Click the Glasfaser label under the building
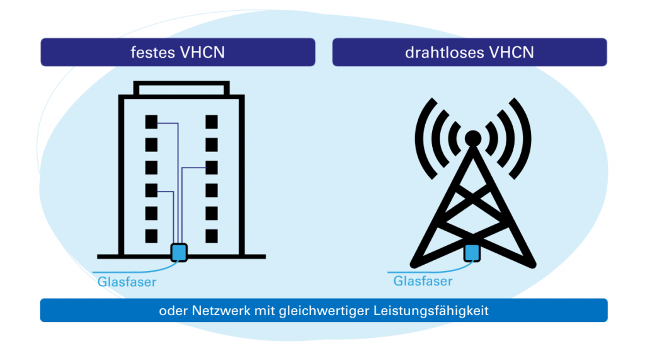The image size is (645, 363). (127, 282)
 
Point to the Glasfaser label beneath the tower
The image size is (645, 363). (423, 280)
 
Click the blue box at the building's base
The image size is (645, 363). (180, 252)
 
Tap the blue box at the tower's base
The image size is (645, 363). (472, 253)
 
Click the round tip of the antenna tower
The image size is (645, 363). (472, 137)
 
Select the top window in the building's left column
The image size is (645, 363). (151, 121)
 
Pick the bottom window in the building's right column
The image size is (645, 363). (212, 236)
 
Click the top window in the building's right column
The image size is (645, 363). (212, 121)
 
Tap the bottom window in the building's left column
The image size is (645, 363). (151, 236)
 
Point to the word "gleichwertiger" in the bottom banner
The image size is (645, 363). (338, 311)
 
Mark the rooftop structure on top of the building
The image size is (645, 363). (181, 89)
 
